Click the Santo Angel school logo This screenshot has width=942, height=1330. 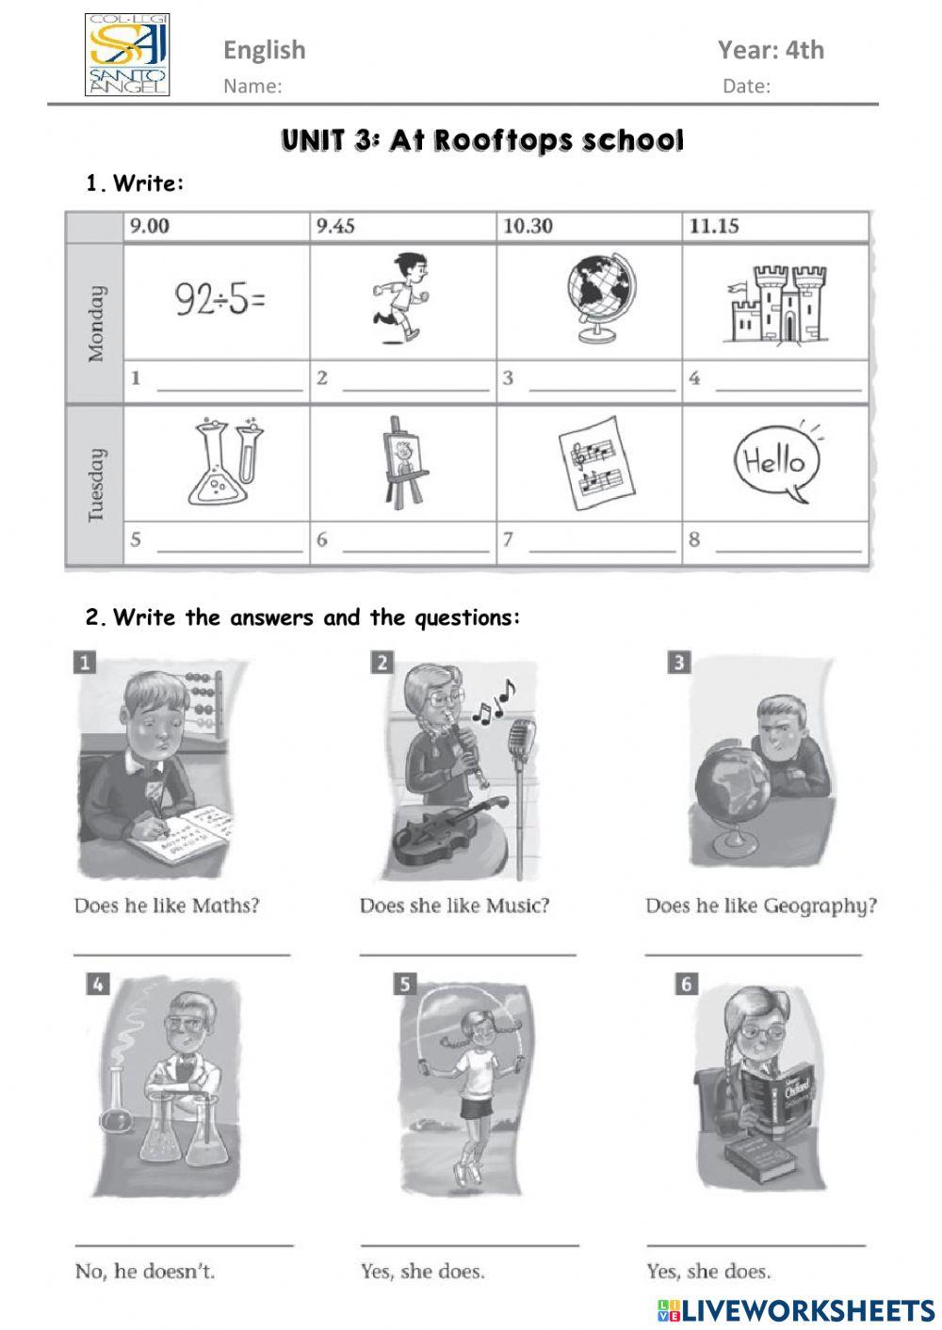click(x=127, y=55)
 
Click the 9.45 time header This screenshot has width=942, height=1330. click(x=335, y=226)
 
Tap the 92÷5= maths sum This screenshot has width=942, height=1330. click(x=220, y=300)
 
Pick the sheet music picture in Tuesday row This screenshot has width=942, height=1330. click(x=594, y=462)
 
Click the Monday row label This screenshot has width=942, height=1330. click(x=95, y=324)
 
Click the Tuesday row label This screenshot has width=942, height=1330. click(x=95, y=485)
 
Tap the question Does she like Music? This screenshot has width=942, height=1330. click(x=454, y=905)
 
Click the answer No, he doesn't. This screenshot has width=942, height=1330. click(x=145, y=1271)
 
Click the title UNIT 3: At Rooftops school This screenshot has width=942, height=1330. click(x=482, y=141)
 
